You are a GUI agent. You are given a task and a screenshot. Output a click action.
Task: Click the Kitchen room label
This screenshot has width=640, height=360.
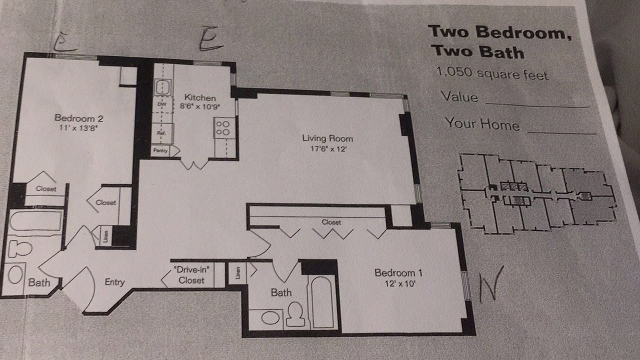pos(200,97)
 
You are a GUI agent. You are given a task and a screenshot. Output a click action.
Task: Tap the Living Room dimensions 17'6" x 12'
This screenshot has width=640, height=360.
pos(328,148)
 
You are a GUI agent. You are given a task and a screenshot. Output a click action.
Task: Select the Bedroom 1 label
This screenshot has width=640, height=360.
pos(398,273)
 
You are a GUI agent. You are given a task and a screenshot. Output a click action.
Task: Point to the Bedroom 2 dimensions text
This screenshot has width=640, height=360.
pos(78,127)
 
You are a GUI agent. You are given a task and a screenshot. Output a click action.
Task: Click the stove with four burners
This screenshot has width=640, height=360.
pos(223,128)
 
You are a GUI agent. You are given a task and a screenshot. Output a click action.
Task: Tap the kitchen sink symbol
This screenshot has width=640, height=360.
pos(163,87)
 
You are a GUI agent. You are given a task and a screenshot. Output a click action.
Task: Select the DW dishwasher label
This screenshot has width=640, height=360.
pos(162,104)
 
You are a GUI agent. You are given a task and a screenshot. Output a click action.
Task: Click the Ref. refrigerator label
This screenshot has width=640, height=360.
pos(161,133)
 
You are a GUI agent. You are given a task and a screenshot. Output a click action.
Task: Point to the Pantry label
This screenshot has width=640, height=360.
pos(160,150)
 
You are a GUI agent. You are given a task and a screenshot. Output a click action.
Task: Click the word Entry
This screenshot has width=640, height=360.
pos(114,282)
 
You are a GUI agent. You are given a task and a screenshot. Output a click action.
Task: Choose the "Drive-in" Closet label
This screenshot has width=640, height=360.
pos(191,275)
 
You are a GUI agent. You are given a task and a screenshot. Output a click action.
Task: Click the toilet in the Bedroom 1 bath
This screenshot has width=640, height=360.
pos(295,314)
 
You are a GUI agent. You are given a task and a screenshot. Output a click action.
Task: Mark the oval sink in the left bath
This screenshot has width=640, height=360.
pos(15,274)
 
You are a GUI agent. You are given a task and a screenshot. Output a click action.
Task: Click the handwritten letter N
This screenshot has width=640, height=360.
pos(490,283)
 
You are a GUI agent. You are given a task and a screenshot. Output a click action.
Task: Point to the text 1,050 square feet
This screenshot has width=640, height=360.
pos(492,73)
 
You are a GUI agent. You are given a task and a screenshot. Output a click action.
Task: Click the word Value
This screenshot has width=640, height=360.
pos(459,97)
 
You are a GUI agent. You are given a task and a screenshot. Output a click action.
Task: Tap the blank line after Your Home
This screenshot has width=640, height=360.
pos(561,132)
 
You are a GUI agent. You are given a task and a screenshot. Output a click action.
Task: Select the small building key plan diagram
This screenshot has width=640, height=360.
pos(537,193)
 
